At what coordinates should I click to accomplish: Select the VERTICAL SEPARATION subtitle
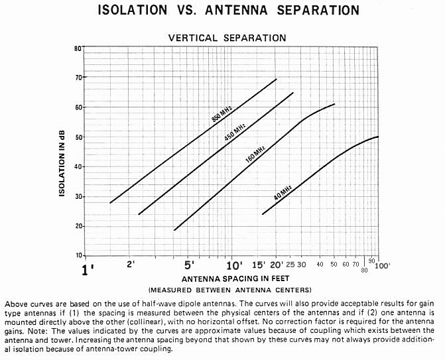point(227,38)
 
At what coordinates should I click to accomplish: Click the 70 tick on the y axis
point(78,78)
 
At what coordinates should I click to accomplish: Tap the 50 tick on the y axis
point(78,137)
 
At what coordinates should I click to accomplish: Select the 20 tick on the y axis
point(78,226)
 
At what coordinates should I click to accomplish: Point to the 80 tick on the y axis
point(78,49)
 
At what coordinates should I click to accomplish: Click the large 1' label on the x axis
point(87,270)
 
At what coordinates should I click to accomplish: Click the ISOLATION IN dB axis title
point(62,152)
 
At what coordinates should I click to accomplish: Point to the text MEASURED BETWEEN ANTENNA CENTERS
point(230,290)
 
